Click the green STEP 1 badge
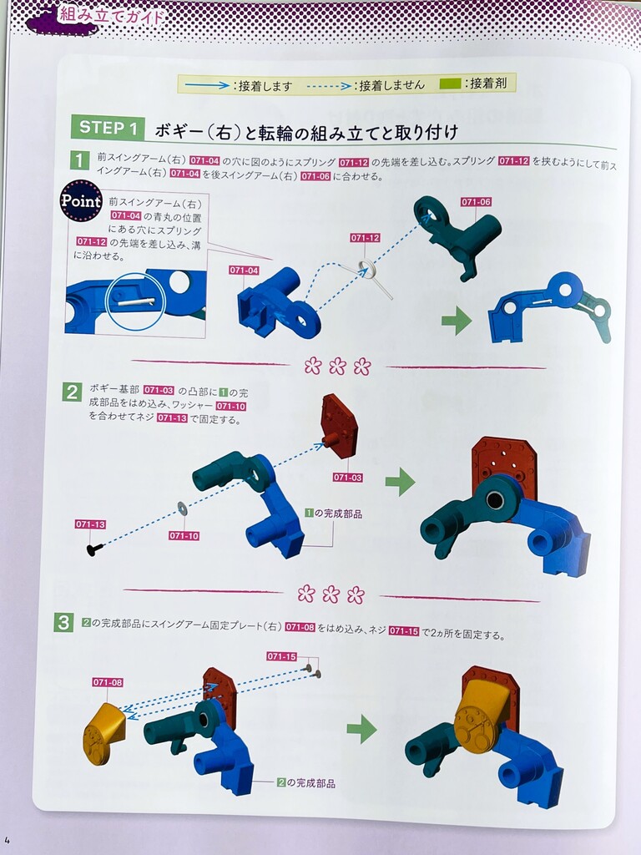pyautogui.click(x=108, y=128)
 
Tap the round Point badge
pyautogui.click(x=81, y=200)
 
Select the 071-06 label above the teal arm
pyautogui.click(x=476, y=202)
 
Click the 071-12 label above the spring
pyautogui.click(x=366, y=238)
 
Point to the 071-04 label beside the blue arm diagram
pyautogui.click(x=245, y=271)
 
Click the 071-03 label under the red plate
pyautogui.click(x=348, y=478)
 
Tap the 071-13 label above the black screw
pyautogui.click(x=90, y=524)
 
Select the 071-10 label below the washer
pyautogui.click(x=184, y=536)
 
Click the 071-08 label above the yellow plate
pyautogui.click(x=108, y=682)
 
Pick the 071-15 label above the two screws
pyautogui.click(x=282, y=656)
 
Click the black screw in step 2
pyautogui.click(x=93, y=549)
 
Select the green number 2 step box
pyautogui.click(x=72, y=392)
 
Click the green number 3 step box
pyautogui.click(x=63, y=622)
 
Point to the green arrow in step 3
pyautogui.click(x=362, y=729)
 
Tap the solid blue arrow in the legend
pyautogui.click(x=207, y=85)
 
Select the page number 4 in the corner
pyautogui.click(x=7, y=840)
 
